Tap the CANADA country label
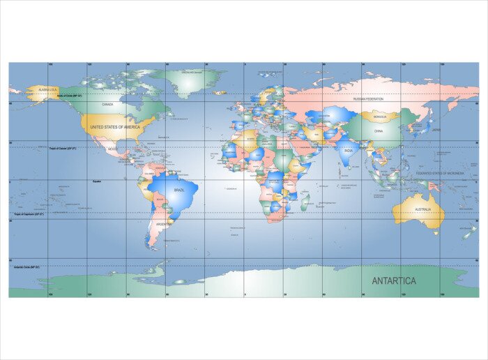(x=107, y=105)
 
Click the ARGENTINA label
(x=164, y=223)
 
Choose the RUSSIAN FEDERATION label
(x=369, y=99)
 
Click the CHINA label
(x=379, y=130)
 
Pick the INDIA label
(x=348, y=149)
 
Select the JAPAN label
(x=436, y=129)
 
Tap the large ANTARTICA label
(x=394, y=280)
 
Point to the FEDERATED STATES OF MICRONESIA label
(x=439, y=173)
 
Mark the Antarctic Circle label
(x=26, y=267)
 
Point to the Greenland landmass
(x=188, y=82)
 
